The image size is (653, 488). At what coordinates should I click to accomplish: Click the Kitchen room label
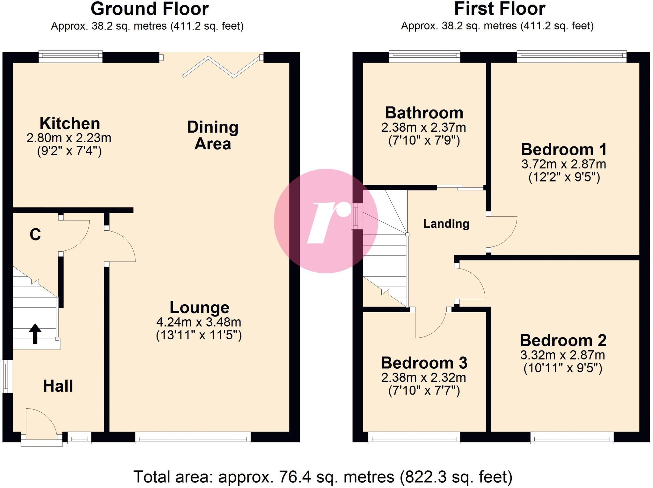[x=70, y=123]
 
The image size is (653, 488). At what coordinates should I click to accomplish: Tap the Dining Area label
[x=213, y=135]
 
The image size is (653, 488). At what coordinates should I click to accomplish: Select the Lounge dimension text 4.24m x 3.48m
[x=199, y=322]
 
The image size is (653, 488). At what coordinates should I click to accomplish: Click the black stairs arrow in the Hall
[x=35, y=334]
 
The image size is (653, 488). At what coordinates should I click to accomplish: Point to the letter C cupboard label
[x=35, y=235]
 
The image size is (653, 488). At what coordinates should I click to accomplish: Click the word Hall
[x=58, y=386]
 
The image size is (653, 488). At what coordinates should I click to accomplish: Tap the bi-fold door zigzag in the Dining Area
[x=221, y=67]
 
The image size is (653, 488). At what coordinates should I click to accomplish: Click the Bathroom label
[x=424, y=113]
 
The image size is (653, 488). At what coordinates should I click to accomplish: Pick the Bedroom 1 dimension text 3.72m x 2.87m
[x=564, y=164]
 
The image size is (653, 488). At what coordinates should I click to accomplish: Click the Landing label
[x=446, y=224]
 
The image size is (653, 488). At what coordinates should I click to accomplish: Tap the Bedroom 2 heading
[x=563, y=340]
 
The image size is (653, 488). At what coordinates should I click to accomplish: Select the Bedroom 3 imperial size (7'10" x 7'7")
[x=424, y=391]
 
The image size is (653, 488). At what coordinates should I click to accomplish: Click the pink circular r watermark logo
[x=326, y=221]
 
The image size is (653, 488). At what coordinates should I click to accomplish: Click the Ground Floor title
[x=150, y=9]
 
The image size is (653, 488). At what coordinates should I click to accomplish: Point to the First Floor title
[x=499, y=9]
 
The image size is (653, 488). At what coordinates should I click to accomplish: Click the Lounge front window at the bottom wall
[x=193, y=438]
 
